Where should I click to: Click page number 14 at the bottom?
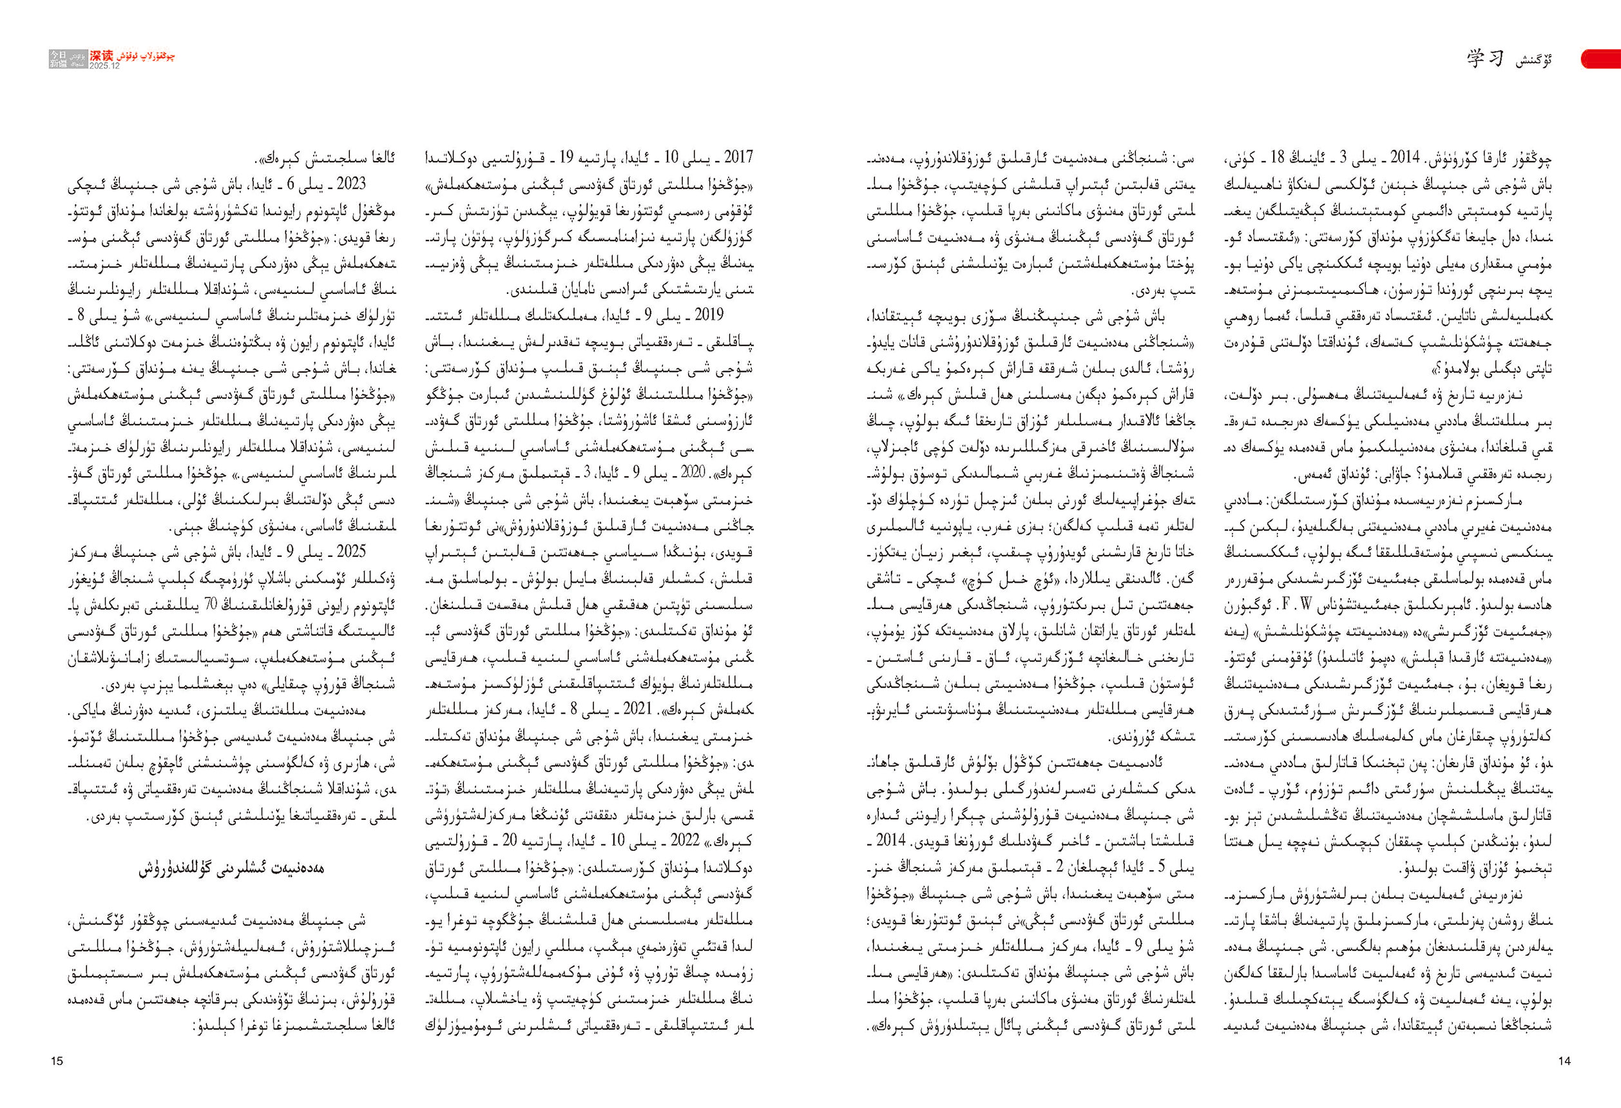[1564, 1061]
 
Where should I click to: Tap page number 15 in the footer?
[57, 1061]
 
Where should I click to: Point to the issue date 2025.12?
[104, 66]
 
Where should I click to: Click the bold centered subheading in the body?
[231, 870]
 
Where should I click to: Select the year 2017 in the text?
[738, 158]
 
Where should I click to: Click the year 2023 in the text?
[351, 184]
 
